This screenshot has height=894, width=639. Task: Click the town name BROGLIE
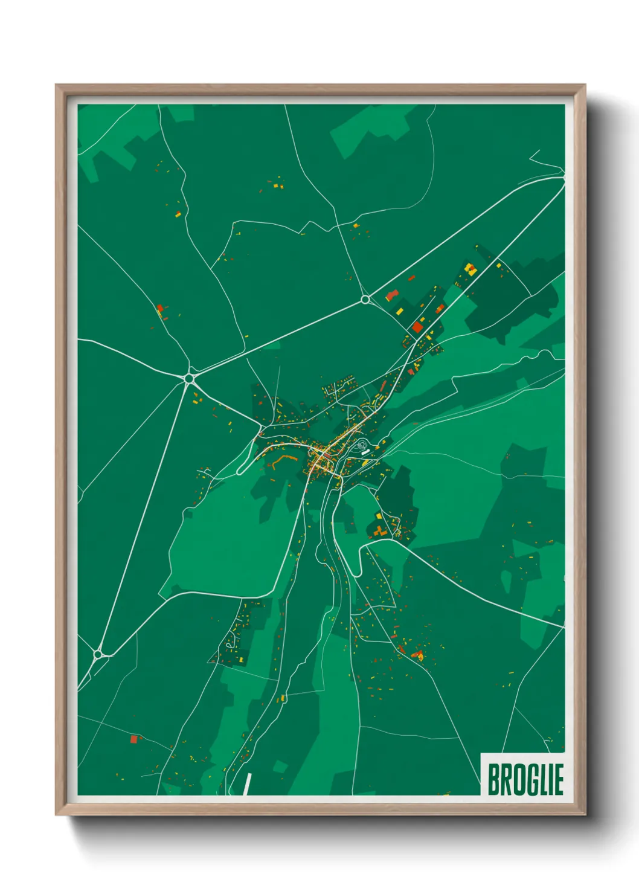[525, 780]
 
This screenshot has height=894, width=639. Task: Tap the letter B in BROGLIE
[493, 780]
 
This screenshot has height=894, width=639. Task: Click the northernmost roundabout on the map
[365, 300]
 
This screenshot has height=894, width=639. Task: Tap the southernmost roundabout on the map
[98, 654]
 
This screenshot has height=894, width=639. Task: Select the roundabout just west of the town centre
[190, 378]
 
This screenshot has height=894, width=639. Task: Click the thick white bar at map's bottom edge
[247, 784]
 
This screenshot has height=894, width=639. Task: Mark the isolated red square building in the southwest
[134, 739]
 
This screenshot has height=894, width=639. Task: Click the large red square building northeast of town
[417, 327]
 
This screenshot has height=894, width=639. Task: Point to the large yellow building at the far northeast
[470, 269]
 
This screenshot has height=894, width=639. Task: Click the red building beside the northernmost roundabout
[391, 295]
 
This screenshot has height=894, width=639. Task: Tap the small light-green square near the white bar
[279, 767]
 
